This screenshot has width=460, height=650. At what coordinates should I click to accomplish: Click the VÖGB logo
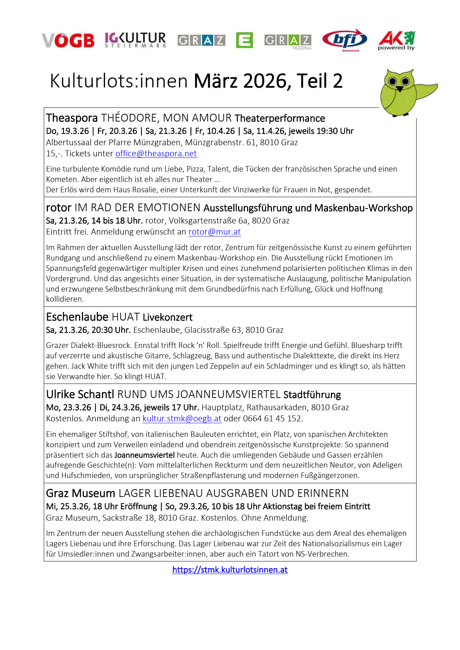68,40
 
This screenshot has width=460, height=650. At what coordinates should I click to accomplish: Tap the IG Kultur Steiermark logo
135,40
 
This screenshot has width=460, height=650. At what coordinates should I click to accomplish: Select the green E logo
244,40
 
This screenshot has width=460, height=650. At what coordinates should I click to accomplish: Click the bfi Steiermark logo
345,40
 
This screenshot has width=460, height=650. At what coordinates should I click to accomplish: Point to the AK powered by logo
397,40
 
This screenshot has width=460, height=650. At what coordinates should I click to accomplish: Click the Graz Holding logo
288,42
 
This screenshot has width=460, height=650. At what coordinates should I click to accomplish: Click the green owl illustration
404,93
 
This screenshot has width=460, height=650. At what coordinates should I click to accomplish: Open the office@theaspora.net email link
156,153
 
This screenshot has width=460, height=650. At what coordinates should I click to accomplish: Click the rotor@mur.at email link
214,232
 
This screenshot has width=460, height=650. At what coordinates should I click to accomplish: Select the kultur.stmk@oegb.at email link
182,419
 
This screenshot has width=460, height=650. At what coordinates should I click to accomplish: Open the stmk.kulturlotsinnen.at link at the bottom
230,570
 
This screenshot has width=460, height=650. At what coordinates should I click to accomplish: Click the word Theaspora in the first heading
72,118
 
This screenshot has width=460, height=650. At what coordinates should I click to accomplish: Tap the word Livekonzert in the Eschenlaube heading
168,317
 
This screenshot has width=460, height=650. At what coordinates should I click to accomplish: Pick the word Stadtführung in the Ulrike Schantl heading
312,395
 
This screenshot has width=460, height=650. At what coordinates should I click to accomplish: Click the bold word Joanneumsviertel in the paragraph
144,455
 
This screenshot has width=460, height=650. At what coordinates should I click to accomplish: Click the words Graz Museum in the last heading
80,494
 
